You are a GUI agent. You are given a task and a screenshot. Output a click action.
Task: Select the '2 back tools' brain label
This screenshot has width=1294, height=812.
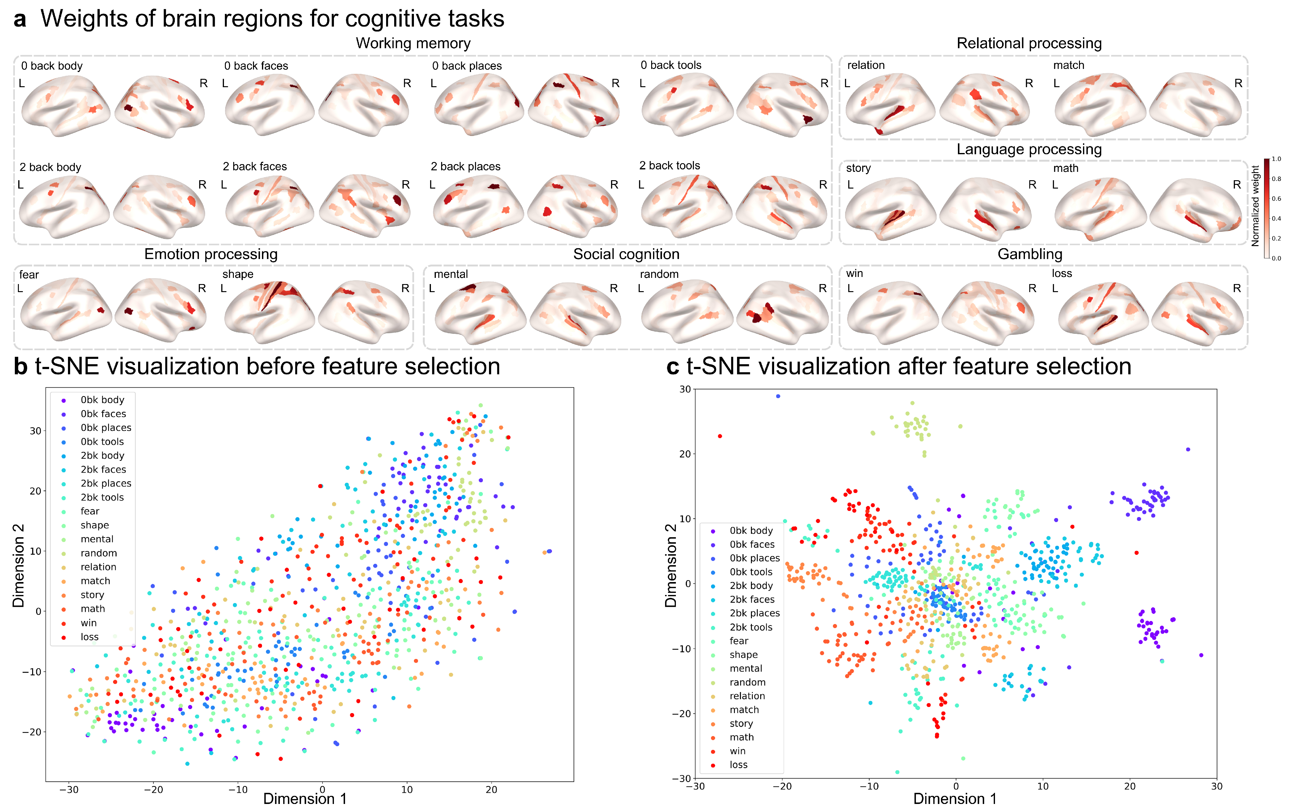tap(669, 165)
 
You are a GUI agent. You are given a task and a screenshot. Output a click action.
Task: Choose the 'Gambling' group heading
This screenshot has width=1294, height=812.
tap(1029, 254)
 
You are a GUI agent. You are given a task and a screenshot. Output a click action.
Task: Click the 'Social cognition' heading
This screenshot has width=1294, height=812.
tap(626, 254)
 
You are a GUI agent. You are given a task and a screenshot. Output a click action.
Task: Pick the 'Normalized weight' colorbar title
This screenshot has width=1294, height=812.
tap(1255, 206)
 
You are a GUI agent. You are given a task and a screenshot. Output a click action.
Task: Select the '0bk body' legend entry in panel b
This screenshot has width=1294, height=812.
tap(102, 400)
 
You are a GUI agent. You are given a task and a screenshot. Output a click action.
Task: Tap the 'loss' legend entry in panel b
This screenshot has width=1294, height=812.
tap(90, 637)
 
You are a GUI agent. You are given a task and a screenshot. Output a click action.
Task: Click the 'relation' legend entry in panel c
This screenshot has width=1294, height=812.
tap(747, 696)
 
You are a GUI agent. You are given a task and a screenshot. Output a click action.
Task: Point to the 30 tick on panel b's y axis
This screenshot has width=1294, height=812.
tap(36, 431)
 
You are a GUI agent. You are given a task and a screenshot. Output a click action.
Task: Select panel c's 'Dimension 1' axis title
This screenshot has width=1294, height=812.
tap(955, 799)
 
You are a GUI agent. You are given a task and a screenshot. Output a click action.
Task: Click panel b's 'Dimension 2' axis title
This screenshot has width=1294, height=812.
tap(19, 566)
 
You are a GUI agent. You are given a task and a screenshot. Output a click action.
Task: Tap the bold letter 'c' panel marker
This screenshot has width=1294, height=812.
tap(672, 367)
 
